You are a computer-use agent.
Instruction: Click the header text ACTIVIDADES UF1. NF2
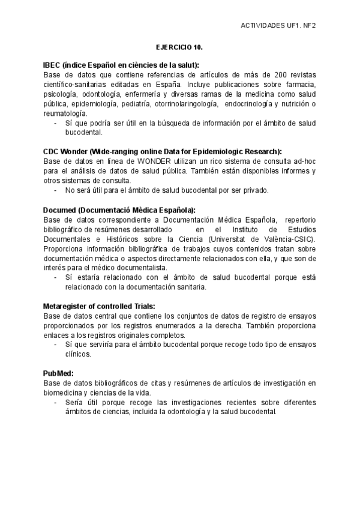(278, 26)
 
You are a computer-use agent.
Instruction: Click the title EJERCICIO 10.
(179, 46)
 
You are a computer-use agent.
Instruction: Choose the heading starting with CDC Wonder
(162, 152)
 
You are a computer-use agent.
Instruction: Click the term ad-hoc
(305, 161)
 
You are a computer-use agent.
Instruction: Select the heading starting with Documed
(119, 210)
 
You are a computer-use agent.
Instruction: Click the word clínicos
(78, 354)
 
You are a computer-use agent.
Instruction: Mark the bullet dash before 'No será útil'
(55, 190)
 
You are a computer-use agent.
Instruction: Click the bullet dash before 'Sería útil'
(55, 402)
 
